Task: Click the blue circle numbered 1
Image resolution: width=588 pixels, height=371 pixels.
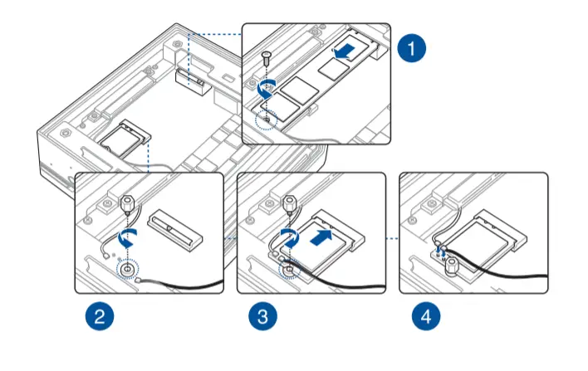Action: [x=410, y=48]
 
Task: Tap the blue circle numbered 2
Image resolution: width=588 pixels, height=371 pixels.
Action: [x=99, y=315]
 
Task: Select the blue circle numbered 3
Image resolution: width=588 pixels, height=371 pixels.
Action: [x=262, y=315]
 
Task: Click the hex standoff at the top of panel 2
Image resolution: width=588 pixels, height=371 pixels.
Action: [x=129, y=203]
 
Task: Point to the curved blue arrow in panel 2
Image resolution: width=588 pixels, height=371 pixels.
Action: [x=127, y=239]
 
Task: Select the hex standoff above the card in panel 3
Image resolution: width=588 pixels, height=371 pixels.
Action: [x=290, y=203]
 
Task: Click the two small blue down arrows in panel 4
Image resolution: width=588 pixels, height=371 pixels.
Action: [x=440, y=247]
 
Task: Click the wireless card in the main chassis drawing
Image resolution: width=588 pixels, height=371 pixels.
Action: [x=124, y=139]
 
